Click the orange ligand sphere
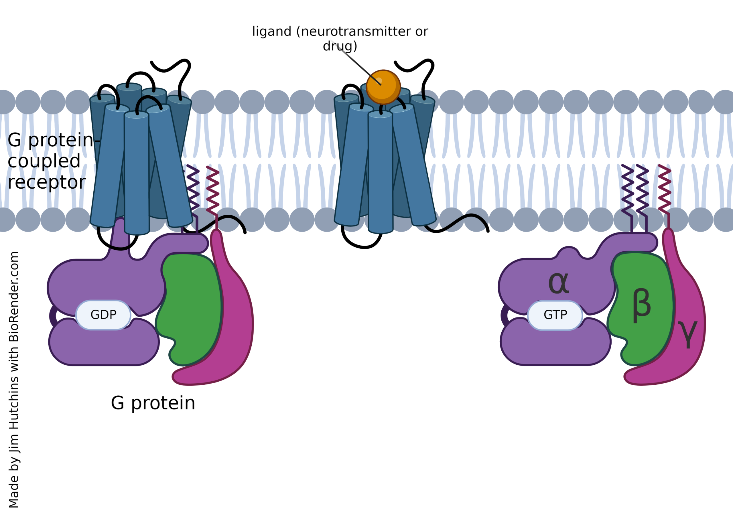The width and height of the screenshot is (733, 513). (383, 87)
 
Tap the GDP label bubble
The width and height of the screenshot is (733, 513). (103, 315)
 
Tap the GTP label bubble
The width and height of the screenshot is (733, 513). (555, 315)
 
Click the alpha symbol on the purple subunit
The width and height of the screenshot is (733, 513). (558, 283)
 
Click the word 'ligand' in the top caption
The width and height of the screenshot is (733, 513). (272, 31)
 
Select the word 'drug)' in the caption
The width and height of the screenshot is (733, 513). (340, 46)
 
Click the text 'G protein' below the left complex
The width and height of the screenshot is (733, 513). (153, 403)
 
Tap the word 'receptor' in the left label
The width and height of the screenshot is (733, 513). (47, 183)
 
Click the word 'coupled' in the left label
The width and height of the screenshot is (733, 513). (44, 161)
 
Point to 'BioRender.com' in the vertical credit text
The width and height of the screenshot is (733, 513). (14, 297)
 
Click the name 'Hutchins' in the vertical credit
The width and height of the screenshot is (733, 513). (14, 402)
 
